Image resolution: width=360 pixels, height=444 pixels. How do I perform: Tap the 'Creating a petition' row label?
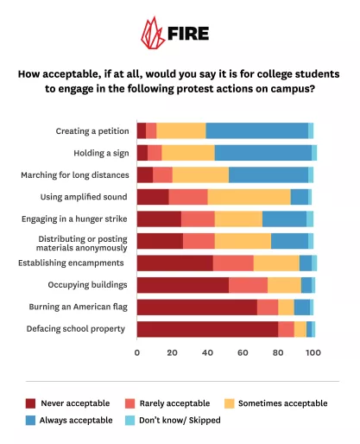click(92, 131)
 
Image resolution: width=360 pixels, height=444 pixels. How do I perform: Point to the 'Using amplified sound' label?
click(85, 197)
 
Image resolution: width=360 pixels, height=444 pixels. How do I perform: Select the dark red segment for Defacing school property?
click(207, 328)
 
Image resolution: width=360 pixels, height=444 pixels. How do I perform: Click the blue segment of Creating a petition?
click(256, 130)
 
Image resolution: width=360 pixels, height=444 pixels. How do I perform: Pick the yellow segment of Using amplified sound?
click(249, 196)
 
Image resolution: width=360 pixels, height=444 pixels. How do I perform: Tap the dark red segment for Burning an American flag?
click(197, 307)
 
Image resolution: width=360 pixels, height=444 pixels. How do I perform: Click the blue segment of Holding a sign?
click(262, 153)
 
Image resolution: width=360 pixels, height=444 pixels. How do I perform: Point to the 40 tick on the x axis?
click(207, 352)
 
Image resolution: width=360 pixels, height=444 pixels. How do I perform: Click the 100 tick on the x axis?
click(313, 352)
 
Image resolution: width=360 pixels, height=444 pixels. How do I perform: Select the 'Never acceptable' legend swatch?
click(32, 403)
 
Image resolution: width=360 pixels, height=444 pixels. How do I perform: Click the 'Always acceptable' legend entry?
click(79, 420)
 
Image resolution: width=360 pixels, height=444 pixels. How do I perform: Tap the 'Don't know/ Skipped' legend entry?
click(180, 420)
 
